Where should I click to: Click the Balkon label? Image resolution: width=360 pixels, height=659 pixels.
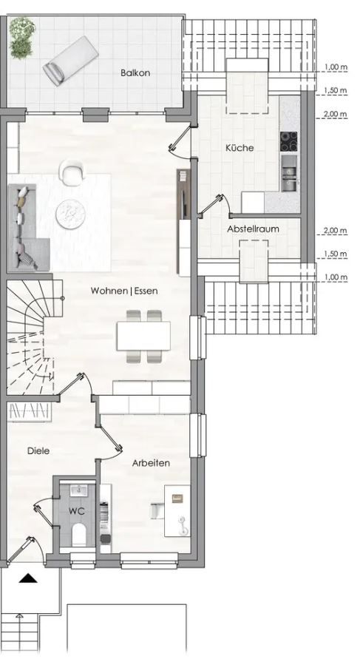pos(136,72)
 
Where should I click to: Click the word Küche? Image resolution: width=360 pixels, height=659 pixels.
pos(240,148)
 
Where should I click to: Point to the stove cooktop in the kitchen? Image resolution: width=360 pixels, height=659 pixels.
pos(288,141)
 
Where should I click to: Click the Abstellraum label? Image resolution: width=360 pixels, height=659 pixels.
pos(253,229)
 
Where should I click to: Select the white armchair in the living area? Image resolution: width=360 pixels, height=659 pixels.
pos(72,173)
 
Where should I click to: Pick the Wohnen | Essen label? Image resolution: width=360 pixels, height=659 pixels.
pos(124,291)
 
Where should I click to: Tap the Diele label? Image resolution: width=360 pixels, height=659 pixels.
pos(38,450)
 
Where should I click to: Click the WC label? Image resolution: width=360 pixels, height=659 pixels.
pos(77,511)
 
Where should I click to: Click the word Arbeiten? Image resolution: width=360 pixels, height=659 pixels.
pos(152,463)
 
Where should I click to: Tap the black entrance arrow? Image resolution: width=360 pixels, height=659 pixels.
pos(27,579)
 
